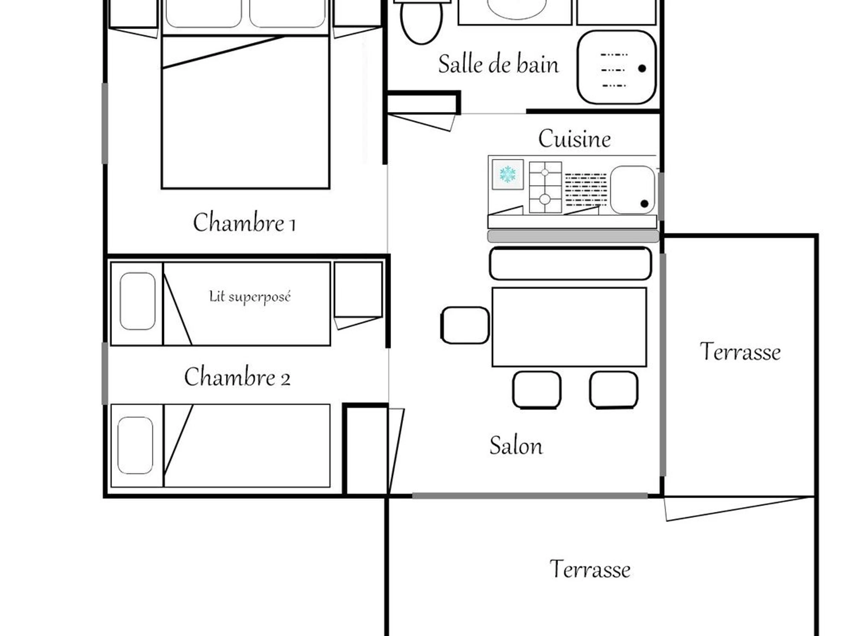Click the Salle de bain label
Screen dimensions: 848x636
point(498,64)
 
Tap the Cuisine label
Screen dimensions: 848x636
point(574,139)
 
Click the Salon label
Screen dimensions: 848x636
point(516,446)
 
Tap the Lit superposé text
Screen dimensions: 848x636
point(250,297)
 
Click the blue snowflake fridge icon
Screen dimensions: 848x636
point(508,175)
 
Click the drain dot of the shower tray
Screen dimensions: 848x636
point(642,68)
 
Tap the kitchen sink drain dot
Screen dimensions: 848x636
point(644,204)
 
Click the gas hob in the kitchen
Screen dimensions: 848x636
point(545,187)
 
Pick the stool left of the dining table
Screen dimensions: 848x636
point(465,325)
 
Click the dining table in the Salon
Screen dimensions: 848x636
point(569,327)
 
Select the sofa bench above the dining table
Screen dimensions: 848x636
point(570,263)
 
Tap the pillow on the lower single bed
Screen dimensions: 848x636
point(135,446)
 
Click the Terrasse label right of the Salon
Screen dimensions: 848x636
point(740,352)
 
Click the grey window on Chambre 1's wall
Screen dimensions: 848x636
point(105,123)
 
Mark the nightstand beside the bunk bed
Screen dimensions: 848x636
point(358,290)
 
